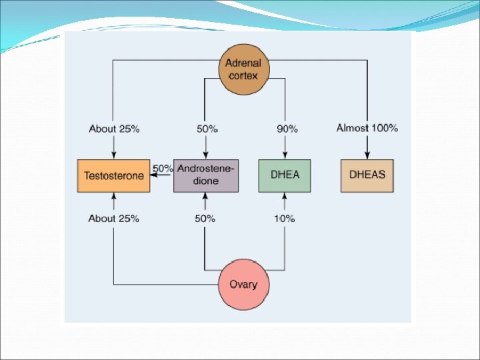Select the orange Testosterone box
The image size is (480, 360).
(113, 176)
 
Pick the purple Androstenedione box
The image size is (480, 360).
(206, 176)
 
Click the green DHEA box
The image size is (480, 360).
(285, 176)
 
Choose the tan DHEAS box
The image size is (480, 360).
(367, 176)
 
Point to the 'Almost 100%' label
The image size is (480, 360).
(367, 128)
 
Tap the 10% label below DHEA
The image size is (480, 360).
(285, 219)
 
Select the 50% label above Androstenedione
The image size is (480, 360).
(206, 129)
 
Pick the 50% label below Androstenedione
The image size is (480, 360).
(205, 219)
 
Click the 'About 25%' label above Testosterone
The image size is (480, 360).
(114, 129)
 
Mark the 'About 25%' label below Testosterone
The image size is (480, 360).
(114, 219)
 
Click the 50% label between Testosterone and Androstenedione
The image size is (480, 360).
(163, 169)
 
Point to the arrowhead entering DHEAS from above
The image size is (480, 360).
(367, 156)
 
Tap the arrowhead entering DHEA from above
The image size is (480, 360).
(285, 156)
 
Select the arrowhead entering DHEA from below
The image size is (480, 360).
(285, 196)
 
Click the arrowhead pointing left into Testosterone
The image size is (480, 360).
(154, 177)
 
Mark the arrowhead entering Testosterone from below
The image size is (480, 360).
(113, 196)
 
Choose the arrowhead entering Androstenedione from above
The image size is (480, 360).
(205, 156)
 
